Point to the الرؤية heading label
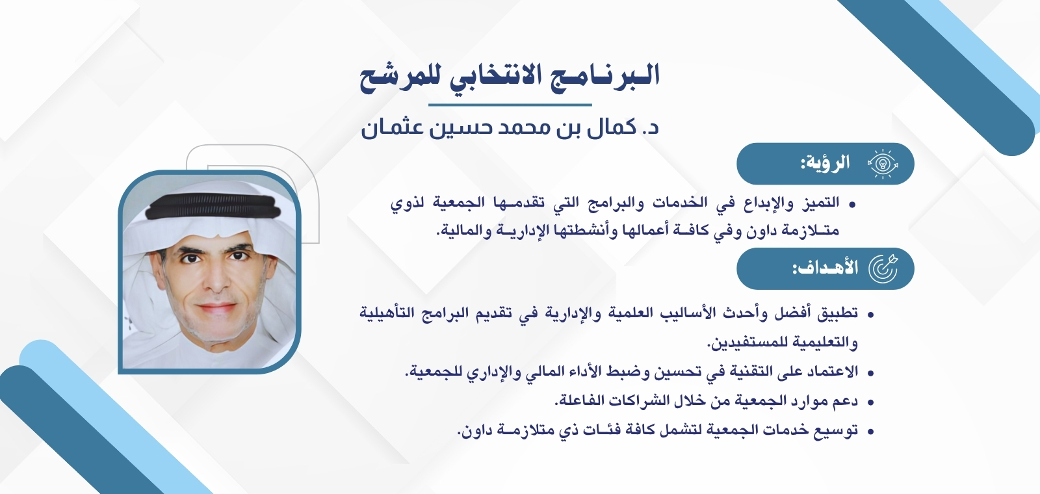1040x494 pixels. (825, 162)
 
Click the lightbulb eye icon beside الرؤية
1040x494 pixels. (883, 163)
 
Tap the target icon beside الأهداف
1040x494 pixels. (883, 267)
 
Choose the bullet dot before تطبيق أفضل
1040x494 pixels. (870, 315)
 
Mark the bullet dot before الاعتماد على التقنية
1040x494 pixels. (870, 373)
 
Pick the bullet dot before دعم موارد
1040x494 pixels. (870, 402)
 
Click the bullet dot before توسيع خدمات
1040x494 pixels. (870, 431)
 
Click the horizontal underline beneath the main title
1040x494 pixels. (510, 104)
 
